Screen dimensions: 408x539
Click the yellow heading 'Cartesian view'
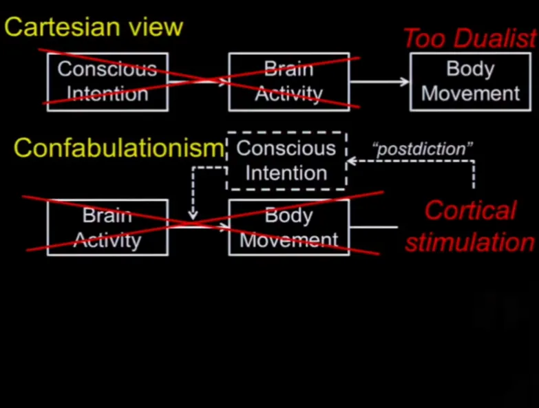[94, 27]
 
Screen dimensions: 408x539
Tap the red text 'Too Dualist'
[469, 39]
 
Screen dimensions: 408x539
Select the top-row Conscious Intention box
[107, 81]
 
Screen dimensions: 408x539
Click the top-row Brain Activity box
[289, 81]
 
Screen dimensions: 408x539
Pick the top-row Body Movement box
[471, 81]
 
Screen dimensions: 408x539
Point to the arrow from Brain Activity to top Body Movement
[379, 82]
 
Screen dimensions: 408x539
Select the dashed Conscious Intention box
[286, 160]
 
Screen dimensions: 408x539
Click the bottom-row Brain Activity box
[107, 228]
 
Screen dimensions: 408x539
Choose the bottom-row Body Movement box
[289, 228]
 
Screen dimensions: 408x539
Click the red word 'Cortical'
[470, 211]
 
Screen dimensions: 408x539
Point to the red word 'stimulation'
[469, 242]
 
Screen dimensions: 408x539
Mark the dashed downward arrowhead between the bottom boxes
[193, 215]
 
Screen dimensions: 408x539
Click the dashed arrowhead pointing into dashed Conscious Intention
[351, 162]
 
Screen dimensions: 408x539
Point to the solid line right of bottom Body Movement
[373, 227]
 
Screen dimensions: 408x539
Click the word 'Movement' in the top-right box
[471, 93]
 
